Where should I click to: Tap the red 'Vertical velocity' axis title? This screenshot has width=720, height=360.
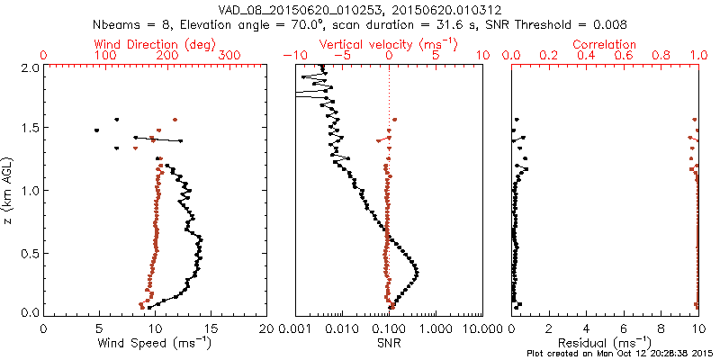pyautogui.click(x=389, y=43)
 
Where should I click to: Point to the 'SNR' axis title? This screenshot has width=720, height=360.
pyautogui.click(x=389, y=343)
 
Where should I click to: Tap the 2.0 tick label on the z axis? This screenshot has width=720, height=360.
pyautogui.click(x=30, y=67)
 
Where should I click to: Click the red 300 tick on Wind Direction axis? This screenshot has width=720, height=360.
pyautogui.click(x=230, y=55)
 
